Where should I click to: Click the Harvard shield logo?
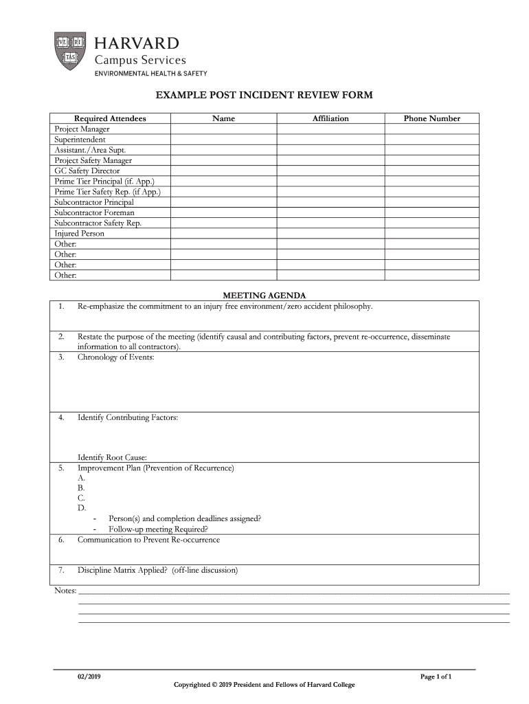tap(69, 50)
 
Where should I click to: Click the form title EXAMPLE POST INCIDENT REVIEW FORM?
tap(264, 96)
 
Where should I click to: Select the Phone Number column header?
tap(431, 119)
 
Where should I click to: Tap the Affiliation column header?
tap(330, 119)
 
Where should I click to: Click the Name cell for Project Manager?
tap(223, 129)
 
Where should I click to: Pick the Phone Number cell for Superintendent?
tap(431, 140)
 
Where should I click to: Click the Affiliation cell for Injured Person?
tap(330, 234)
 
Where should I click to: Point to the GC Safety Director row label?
tap(87, 171)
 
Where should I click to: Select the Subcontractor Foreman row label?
tap(94, 213)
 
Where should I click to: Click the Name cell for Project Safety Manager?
tap(223, 161)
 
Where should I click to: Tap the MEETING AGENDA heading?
tap(264, 295)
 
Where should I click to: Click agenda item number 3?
tap(61, 357)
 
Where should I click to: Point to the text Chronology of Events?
tap(115, 357)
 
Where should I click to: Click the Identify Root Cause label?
tap(112, 458)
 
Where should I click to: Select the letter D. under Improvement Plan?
tap(82, 508)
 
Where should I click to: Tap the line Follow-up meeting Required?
tap(158, 529)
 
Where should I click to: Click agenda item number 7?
tap(61, 571)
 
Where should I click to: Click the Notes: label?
tap(65, 591)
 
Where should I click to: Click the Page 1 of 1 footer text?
tap(436, 676)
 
